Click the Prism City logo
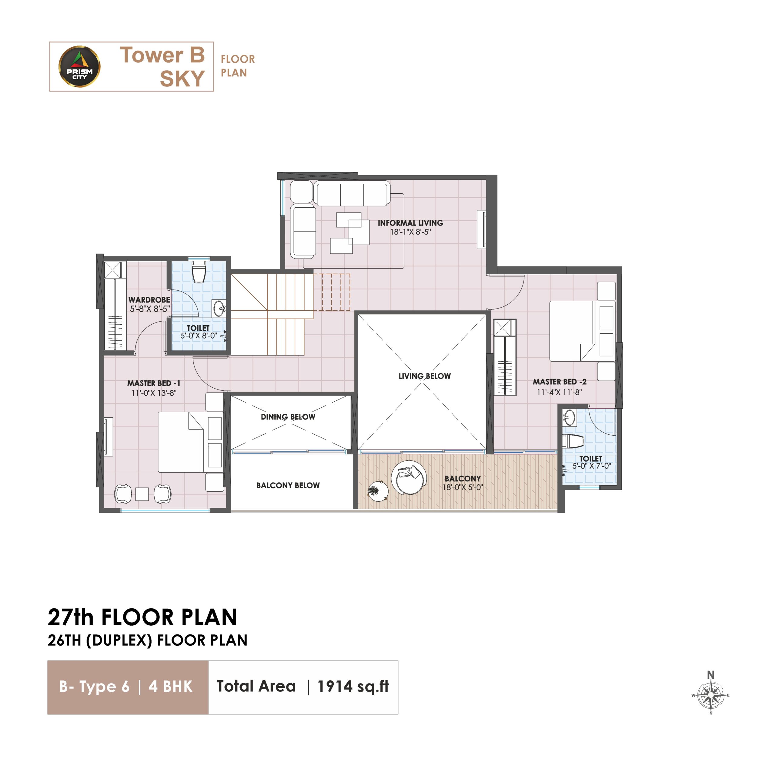click(x=79, y=66)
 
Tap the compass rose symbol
click(x=711, y=695)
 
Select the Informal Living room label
click(x=410, y=223)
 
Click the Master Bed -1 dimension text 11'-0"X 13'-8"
click(x=154, y=393)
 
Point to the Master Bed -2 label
click(x=560, y=382)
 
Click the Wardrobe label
click(x=149, y=299)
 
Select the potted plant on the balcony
click(x=378, y=491)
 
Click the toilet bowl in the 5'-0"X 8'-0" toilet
click(x=199, y=272)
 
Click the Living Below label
click(x=425, y=376)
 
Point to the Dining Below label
click(x=288, y=416)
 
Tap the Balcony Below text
click(x=288, y=485)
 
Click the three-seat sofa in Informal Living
click(x=352, y=194)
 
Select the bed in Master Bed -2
click(x=582, y=331)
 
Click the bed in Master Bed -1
click(x=191, y=442)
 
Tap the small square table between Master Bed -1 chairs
click(x=142, y=493)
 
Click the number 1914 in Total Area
click(x=334, y=687)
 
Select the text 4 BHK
click(x=170, y=687)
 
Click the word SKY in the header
click(x=182, y=78)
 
